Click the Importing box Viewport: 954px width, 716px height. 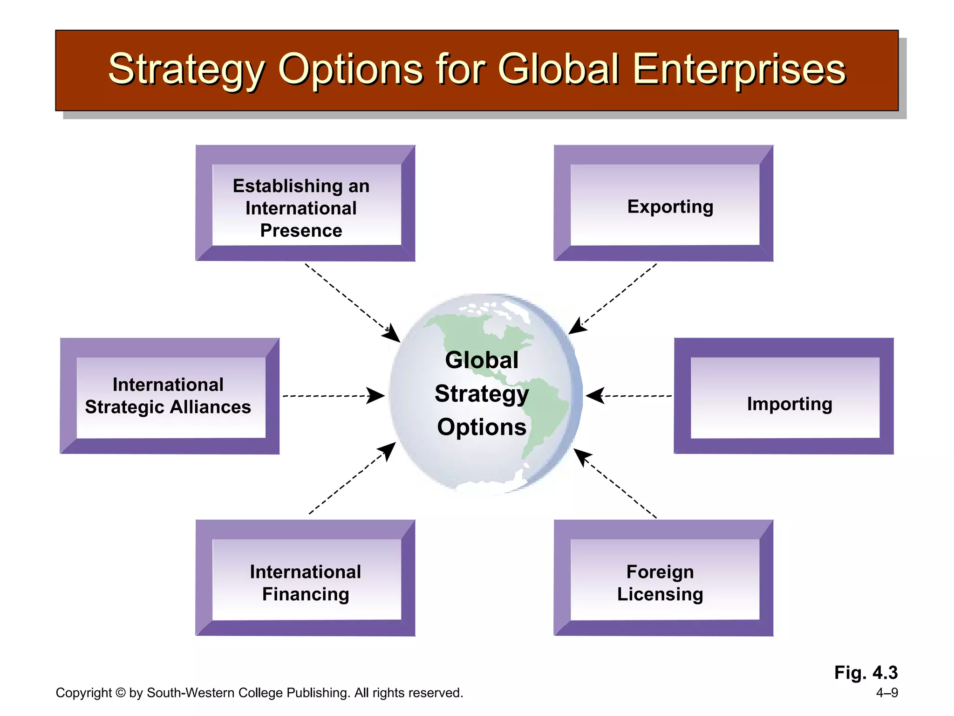point(784,397)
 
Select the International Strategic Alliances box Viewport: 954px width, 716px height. point(170,397)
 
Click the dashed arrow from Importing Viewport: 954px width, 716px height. point(629,396)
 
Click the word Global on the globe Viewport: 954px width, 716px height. point(482,360)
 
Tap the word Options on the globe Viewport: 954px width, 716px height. point(482,427)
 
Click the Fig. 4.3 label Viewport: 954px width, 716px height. point(865,673)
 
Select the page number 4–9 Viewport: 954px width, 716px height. point(886,693)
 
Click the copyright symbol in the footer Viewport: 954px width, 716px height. point(120,693)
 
